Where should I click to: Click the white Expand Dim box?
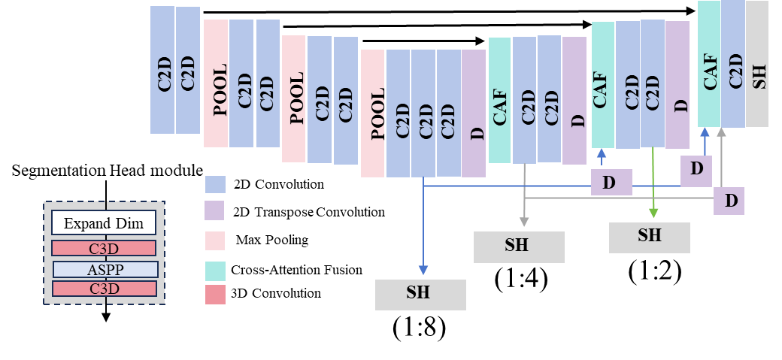[104, 223]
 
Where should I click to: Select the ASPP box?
[105, 269]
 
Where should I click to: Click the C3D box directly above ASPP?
[104, 248]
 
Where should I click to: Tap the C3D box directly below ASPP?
[104, 289]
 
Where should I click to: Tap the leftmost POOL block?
[216, 83]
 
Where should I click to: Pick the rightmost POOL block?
[373, 113]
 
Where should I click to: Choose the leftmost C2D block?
[162, 70]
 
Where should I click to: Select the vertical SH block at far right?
[757, 63]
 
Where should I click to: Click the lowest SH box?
[420, 295]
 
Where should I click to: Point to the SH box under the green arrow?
[649, 237]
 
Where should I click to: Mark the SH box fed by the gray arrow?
[519, 247]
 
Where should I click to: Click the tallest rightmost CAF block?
[709, 63]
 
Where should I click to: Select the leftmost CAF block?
[500, 100]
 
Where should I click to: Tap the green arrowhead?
[653, 214]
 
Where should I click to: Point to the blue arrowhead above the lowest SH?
[423, 271]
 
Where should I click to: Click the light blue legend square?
[215, 185]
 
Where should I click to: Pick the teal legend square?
[215, 271]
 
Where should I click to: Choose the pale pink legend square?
[215, 241]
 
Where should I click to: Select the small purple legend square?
[215, 210]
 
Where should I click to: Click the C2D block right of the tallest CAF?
[733, 63]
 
